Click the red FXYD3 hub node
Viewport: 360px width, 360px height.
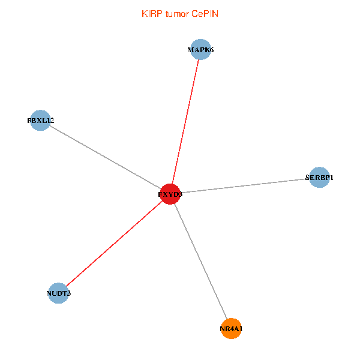click(170, 194)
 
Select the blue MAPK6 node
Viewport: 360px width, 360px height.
click(200, 49)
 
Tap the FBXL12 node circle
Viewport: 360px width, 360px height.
click(40, 121)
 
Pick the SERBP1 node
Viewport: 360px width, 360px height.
click(319, 177)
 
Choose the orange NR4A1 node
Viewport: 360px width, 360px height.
click(231, 329)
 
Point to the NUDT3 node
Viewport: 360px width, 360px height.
click(59, 293)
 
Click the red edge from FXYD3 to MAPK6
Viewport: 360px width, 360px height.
click(185, 122)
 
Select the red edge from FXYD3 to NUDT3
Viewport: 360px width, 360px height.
click(115, 244)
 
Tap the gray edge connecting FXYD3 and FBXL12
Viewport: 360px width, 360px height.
click(106, 157)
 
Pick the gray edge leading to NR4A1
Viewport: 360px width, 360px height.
click(200, 261)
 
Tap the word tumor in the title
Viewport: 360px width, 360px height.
click(178, 14)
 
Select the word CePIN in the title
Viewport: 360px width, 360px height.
click(205, 14)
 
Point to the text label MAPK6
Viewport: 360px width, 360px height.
click(200, 50)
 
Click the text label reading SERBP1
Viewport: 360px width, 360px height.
click(319, 178)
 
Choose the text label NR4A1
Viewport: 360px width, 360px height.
click(231, 329)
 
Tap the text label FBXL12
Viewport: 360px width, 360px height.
click(41, 121)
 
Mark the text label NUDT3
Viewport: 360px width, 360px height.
click(59, 293)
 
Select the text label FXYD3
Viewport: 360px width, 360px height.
click(170, 194)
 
